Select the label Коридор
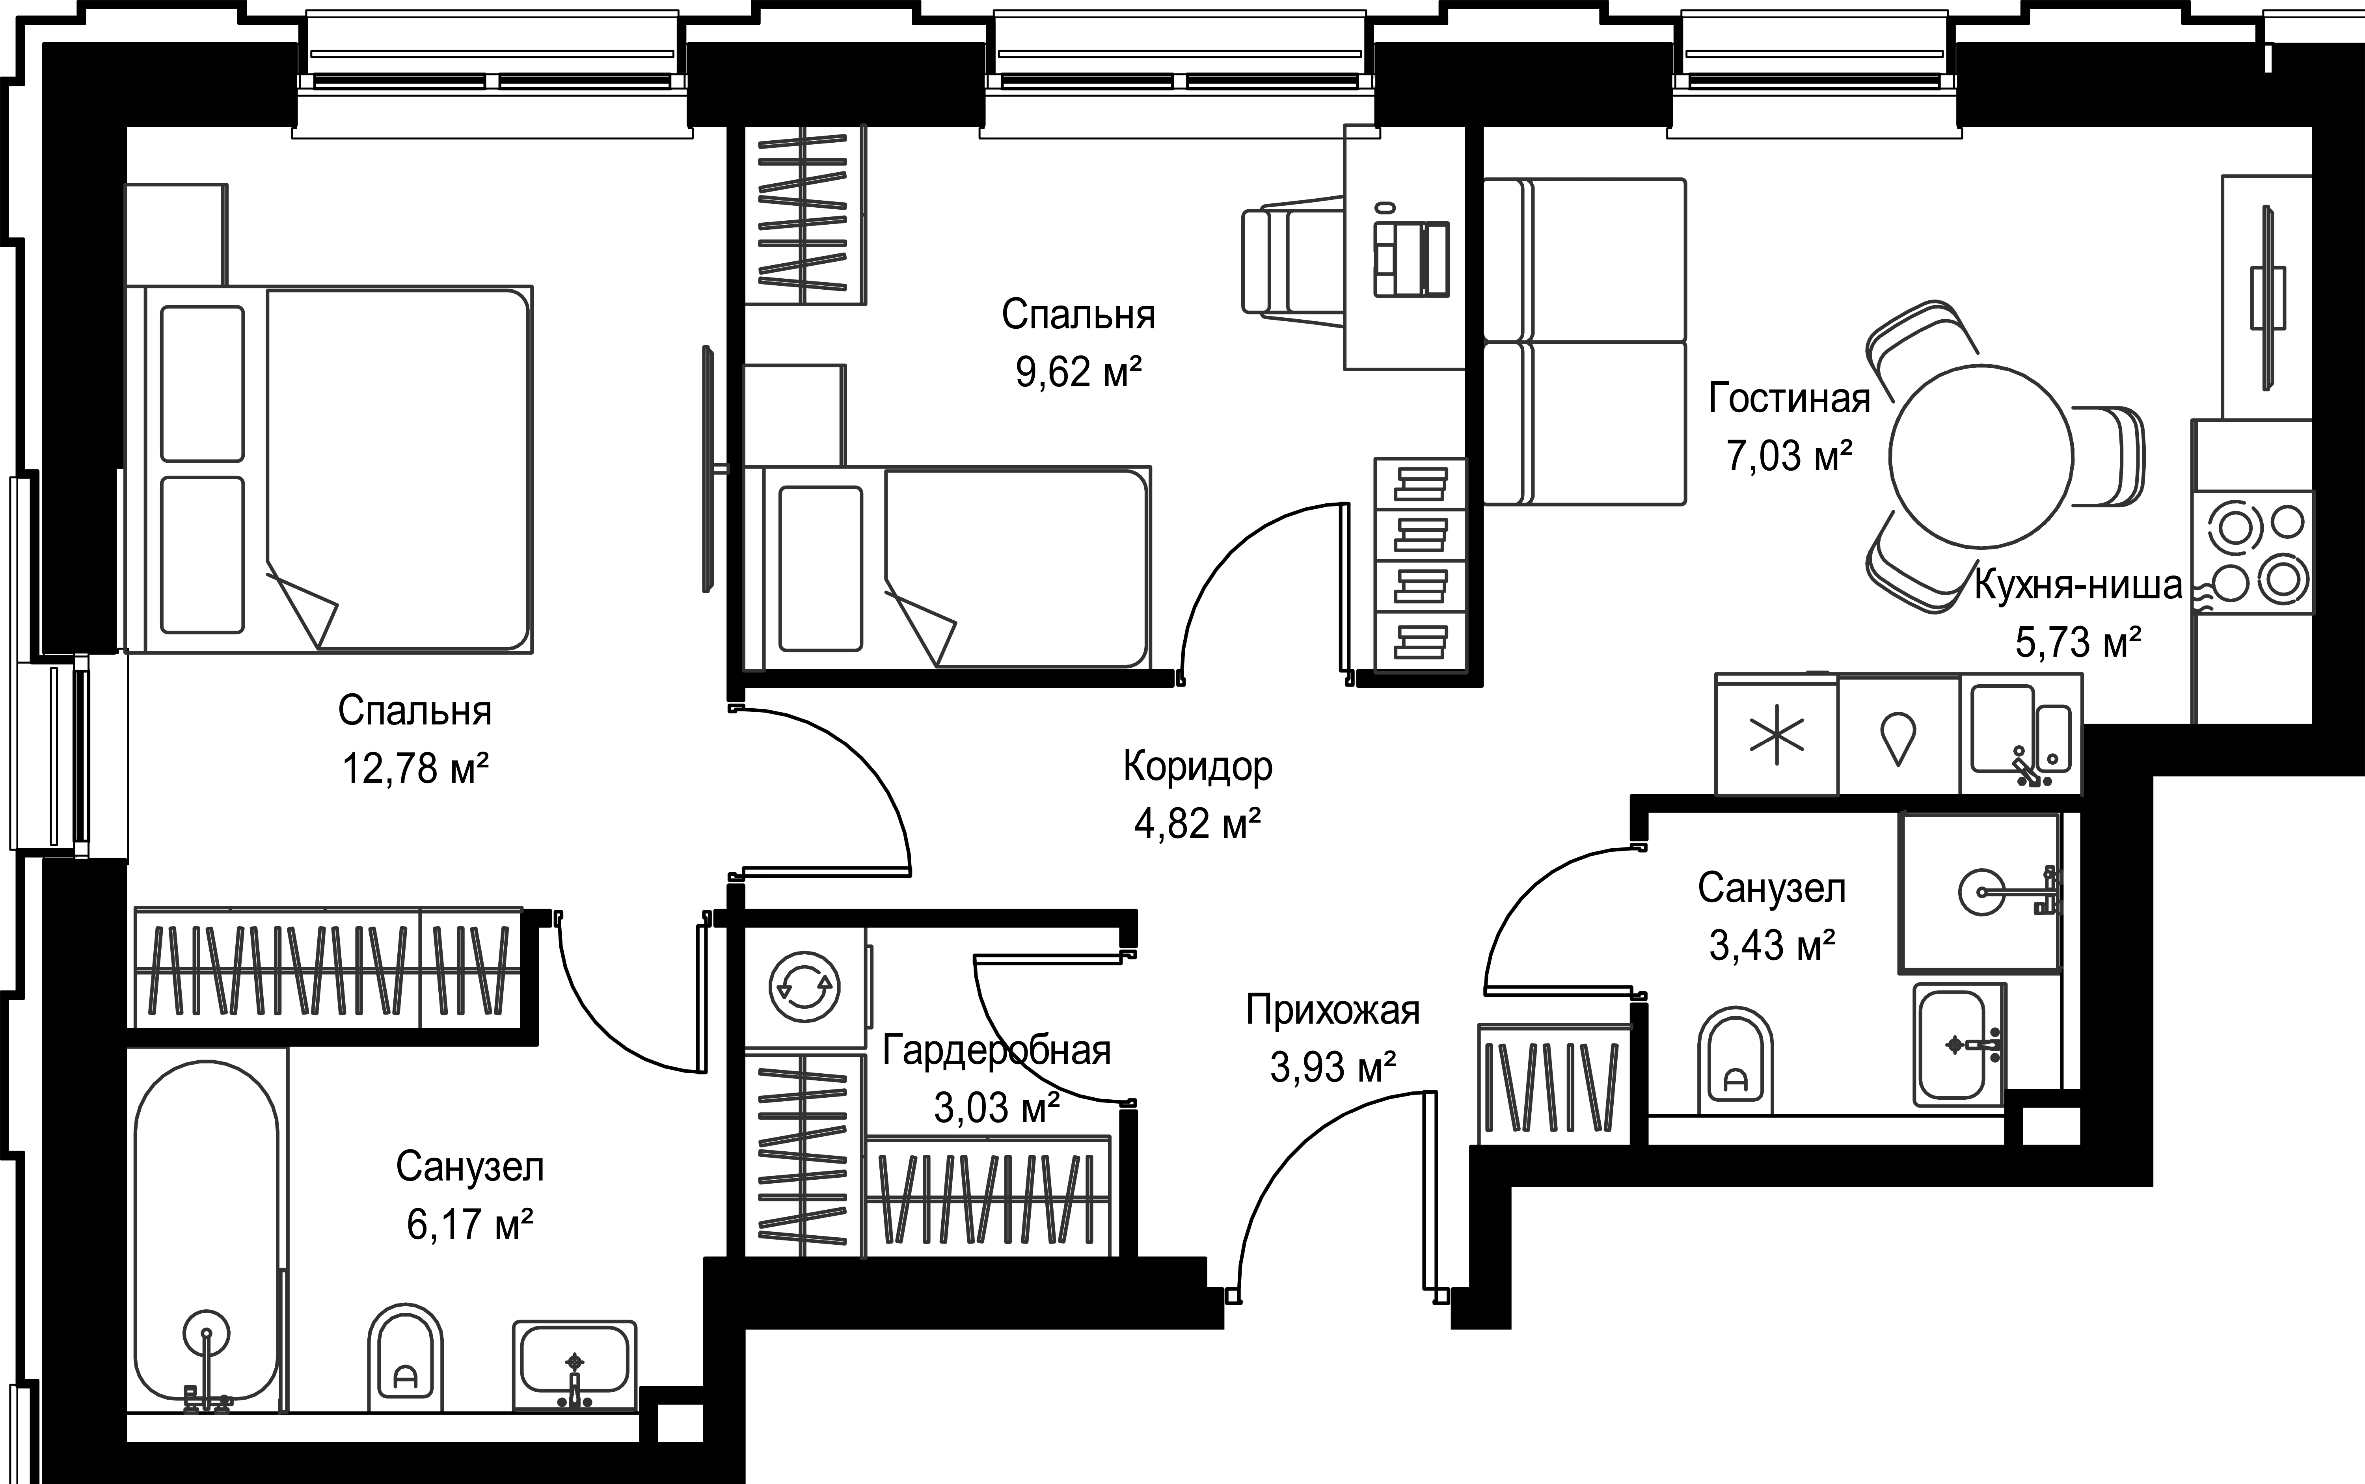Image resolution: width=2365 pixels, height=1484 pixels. (1197, 767)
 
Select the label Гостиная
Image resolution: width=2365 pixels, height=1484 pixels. (1789, 398)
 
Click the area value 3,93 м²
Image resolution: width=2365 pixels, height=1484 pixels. (1333, 1067)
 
